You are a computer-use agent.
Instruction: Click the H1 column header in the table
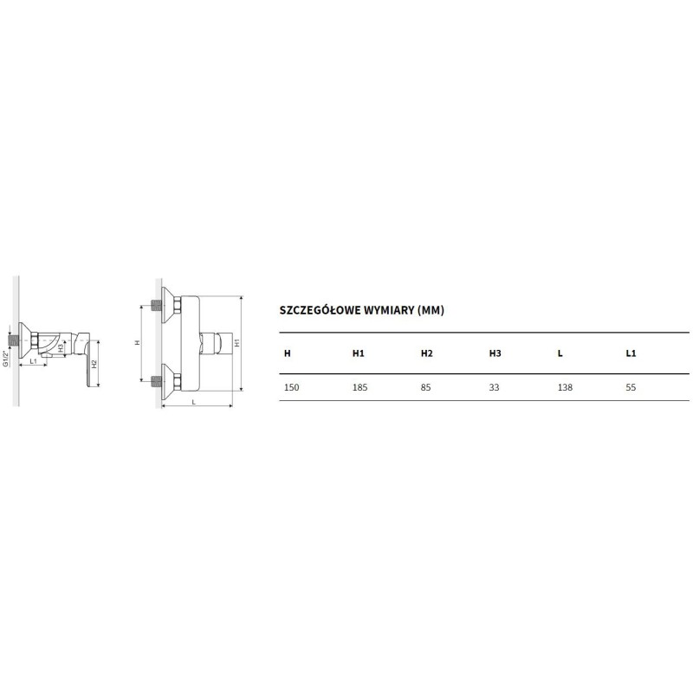[x=358, y=353]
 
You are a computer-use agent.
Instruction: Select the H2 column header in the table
[x=426, y=353]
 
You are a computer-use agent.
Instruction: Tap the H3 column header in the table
[x=495, y=353]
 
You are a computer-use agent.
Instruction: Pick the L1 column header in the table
[x=631, y=353]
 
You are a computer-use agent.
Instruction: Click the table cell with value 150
[x=291, y=387]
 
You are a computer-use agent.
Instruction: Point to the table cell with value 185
[x=359, y=387]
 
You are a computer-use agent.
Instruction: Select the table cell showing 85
[x=425, y=387]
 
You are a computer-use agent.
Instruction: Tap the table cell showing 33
[x=494, y=387]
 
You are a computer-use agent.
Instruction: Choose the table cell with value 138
[x=566, y=387]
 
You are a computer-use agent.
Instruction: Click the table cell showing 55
[x=631, y=387]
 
